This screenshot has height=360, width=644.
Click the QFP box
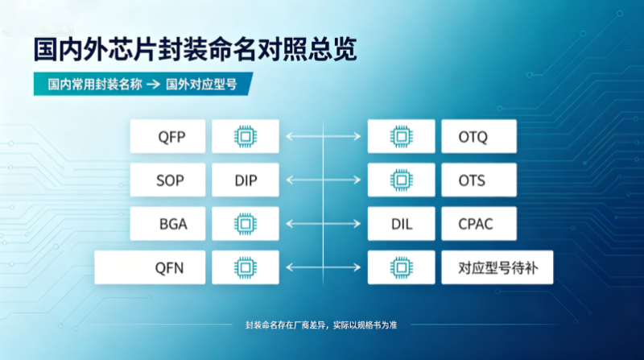tap(167, 136)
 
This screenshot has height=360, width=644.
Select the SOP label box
tap(167, 180)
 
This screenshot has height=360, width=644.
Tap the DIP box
tap(246, 180)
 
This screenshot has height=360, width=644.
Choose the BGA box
tap(167, 224)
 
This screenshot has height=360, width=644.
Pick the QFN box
tap(150, 267)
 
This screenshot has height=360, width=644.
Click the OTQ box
tap(479, 136)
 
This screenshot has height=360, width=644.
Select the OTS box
tap(479, 180)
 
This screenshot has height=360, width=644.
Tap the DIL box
tap(401, 224)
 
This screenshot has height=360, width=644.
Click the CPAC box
tap(479, 224)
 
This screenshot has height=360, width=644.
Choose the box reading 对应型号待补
tap(497, 267)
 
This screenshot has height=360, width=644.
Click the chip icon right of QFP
tap(246, 136)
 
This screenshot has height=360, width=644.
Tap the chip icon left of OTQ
tap(401, 136)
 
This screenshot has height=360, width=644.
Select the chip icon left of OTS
tap(401, 180)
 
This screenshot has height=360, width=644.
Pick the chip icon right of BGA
tap(246, 224)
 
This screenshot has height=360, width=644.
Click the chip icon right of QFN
tap(246, 267)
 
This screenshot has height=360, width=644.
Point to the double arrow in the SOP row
tap(324, 180)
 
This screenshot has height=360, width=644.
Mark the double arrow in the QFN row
tap(324, 267)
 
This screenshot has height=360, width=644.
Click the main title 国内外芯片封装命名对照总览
tap(195, 49)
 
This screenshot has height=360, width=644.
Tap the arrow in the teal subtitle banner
tap(154, 85)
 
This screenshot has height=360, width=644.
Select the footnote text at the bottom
tap(321, 325)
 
